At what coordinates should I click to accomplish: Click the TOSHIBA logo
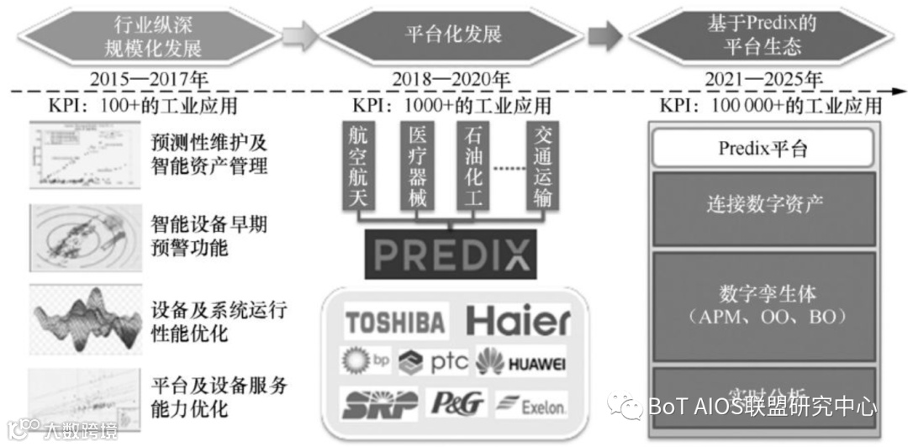[x=395, y=322]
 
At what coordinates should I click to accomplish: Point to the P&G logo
[x=458, y=404]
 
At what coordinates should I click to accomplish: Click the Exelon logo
[x=531, y=406]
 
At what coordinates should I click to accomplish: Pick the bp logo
[x=367, y=361]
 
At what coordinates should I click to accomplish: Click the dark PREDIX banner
[x=450, y=253]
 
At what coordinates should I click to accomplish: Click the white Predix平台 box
[x=763, y=150]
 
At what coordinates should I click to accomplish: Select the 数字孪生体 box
[x=763, y=305]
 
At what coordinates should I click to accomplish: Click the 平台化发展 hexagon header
[x=453, y=34]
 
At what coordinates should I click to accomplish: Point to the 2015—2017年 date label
[x=149, y=80]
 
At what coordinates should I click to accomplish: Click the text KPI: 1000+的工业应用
[x=451, y=106]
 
